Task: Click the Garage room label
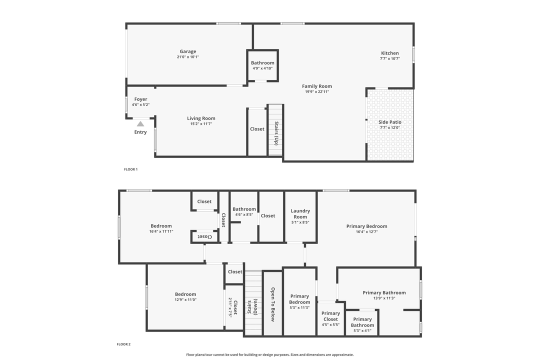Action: (x=188, y=51)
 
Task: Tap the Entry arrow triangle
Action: (x=140, y=123)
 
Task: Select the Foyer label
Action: (x=140, y=99)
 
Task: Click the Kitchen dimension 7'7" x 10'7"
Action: (x=390, y=58)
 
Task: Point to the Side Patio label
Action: (x=390, y=122)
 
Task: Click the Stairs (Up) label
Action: (x=275, y=132)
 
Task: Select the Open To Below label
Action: (x=272, y=304)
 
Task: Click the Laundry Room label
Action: (x=300, y=214)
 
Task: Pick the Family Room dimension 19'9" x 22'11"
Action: (x=317, y=91)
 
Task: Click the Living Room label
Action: (x=201, y=118)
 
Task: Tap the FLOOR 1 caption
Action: (x=130, y=169)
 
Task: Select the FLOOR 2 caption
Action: (x=123, y=344)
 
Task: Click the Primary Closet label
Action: (x=330, y=316)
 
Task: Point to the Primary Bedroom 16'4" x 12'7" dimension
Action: (x=366, y=231)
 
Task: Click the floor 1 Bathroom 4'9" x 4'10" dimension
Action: (x=262, y=68)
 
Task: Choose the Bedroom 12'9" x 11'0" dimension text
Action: (x=185, y=299)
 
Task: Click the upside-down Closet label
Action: (x=205, y=236)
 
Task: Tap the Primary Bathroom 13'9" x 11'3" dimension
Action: (x=384, y=298)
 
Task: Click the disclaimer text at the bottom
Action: (x=270, y=354)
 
